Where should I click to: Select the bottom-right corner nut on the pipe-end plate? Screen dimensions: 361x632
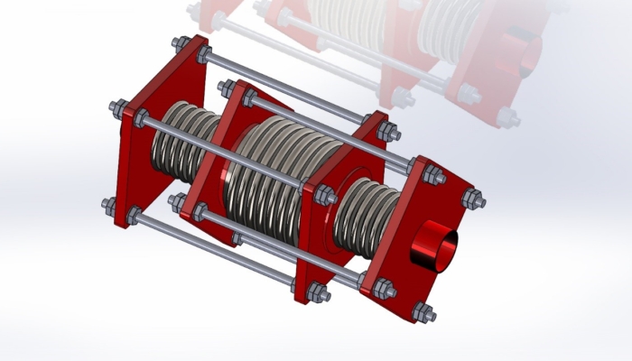point(421,312)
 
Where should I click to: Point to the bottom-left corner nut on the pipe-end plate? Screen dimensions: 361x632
point(385,290)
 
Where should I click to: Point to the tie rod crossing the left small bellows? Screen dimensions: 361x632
point(226,153)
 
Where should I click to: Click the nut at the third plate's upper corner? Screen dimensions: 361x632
point(388,131)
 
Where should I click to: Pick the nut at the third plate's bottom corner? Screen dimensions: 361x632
point(315,292)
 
